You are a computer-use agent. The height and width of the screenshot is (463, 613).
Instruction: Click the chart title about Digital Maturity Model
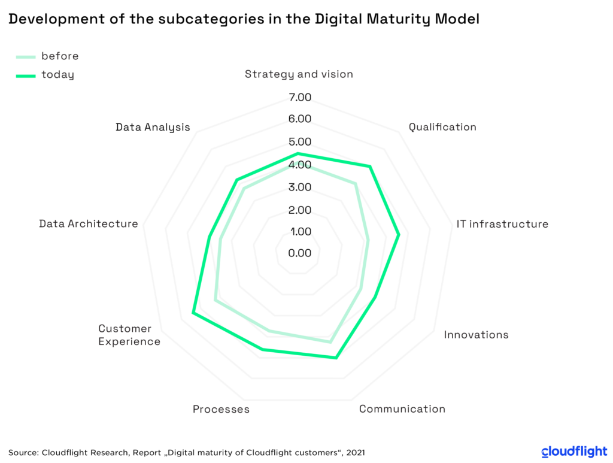244,19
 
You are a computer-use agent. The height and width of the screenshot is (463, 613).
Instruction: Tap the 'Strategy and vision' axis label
299,74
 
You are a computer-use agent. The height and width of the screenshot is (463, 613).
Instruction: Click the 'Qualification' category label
442,127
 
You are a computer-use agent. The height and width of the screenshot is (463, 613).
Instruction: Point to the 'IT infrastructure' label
502,224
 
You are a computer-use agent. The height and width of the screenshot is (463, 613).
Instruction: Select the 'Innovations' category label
476,334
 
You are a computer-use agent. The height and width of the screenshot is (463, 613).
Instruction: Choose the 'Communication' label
402,409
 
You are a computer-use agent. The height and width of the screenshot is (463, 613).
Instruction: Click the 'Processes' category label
221,409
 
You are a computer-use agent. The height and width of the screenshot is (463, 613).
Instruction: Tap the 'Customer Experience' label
129,335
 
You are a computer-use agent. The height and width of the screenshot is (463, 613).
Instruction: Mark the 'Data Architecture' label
89,223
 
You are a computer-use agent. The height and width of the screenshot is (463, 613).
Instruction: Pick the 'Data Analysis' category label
153,127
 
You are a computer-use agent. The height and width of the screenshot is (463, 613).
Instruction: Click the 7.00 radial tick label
300,97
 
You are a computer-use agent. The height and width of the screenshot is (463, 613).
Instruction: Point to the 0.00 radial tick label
300,253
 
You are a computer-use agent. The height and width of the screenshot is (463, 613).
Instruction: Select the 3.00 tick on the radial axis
300,187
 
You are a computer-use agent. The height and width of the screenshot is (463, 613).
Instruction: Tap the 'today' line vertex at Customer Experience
193,313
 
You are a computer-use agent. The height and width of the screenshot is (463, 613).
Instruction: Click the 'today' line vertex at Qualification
370,167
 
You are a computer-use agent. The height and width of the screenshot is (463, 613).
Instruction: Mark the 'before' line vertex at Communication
330,342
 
